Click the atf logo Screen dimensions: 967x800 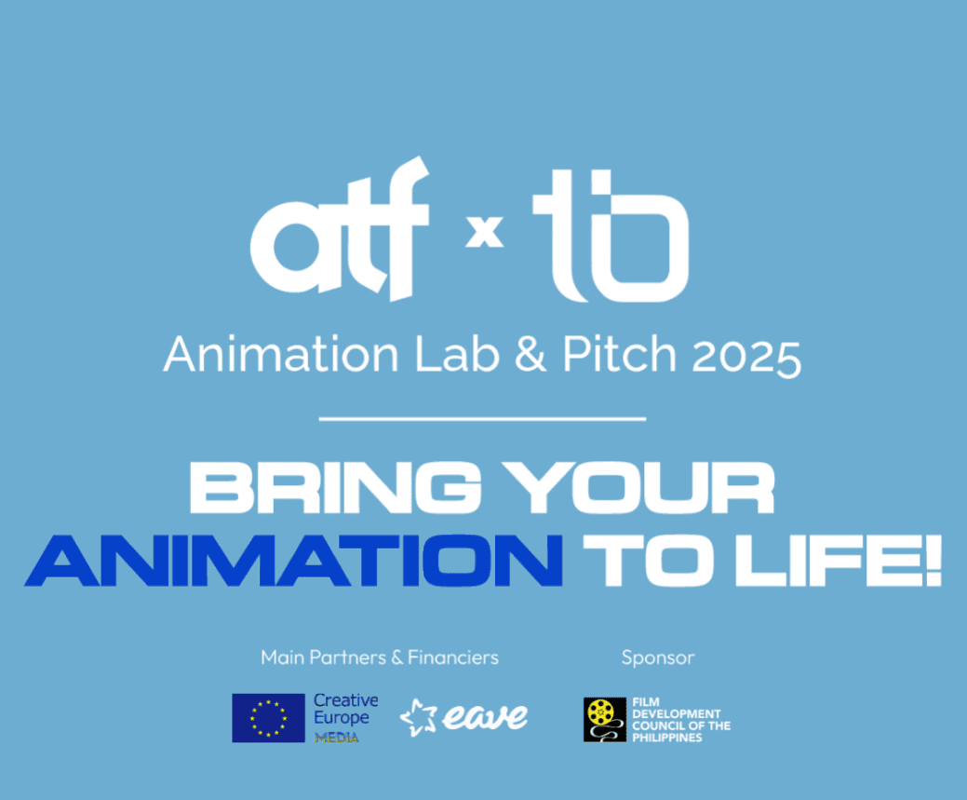tap(339, 230)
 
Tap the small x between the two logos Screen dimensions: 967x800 tap(484, 231)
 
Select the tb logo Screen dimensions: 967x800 tap(611, 236)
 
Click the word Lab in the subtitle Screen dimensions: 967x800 tap(457, 354)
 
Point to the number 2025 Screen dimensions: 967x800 tap(746, 357)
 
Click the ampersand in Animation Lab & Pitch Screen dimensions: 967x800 tap(531, 354)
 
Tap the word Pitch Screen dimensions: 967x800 tap(619, 354)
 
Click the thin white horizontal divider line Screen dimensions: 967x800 tap(482, 418)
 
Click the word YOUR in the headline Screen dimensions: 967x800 tap(638, 487)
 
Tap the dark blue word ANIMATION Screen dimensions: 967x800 tap(293, 560)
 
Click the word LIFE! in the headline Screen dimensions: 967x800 tap(839, 560)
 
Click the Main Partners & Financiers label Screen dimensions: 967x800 tap(380, 658)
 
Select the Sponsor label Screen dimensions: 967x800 tap(658, 658)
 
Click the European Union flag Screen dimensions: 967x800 tap(268, 718)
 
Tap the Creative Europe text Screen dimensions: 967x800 tap(345, 709)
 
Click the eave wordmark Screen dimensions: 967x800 tap(484, 717)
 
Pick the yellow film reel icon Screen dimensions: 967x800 tap(600, 713)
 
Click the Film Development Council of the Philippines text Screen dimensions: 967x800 tap(681, 720)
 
